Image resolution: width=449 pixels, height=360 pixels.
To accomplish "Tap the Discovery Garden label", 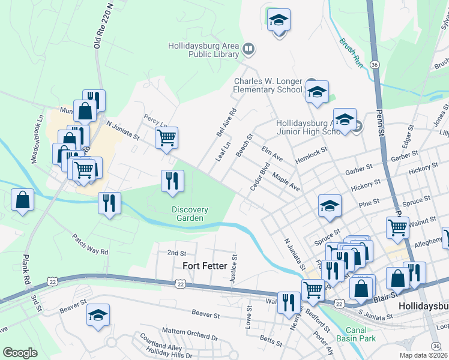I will (190, 214).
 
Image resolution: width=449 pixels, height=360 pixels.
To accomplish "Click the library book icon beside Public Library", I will (249, 48).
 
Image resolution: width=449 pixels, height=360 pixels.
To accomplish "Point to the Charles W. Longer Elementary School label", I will (268, 85).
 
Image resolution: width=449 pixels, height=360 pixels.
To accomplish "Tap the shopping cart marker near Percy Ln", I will (167, 137).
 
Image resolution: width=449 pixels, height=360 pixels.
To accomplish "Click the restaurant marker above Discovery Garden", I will (172, 181).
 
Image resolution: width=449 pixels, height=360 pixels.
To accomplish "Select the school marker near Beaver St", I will (98, 315).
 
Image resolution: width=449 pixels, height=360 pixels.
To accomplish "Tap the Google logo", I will (20, 352).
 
